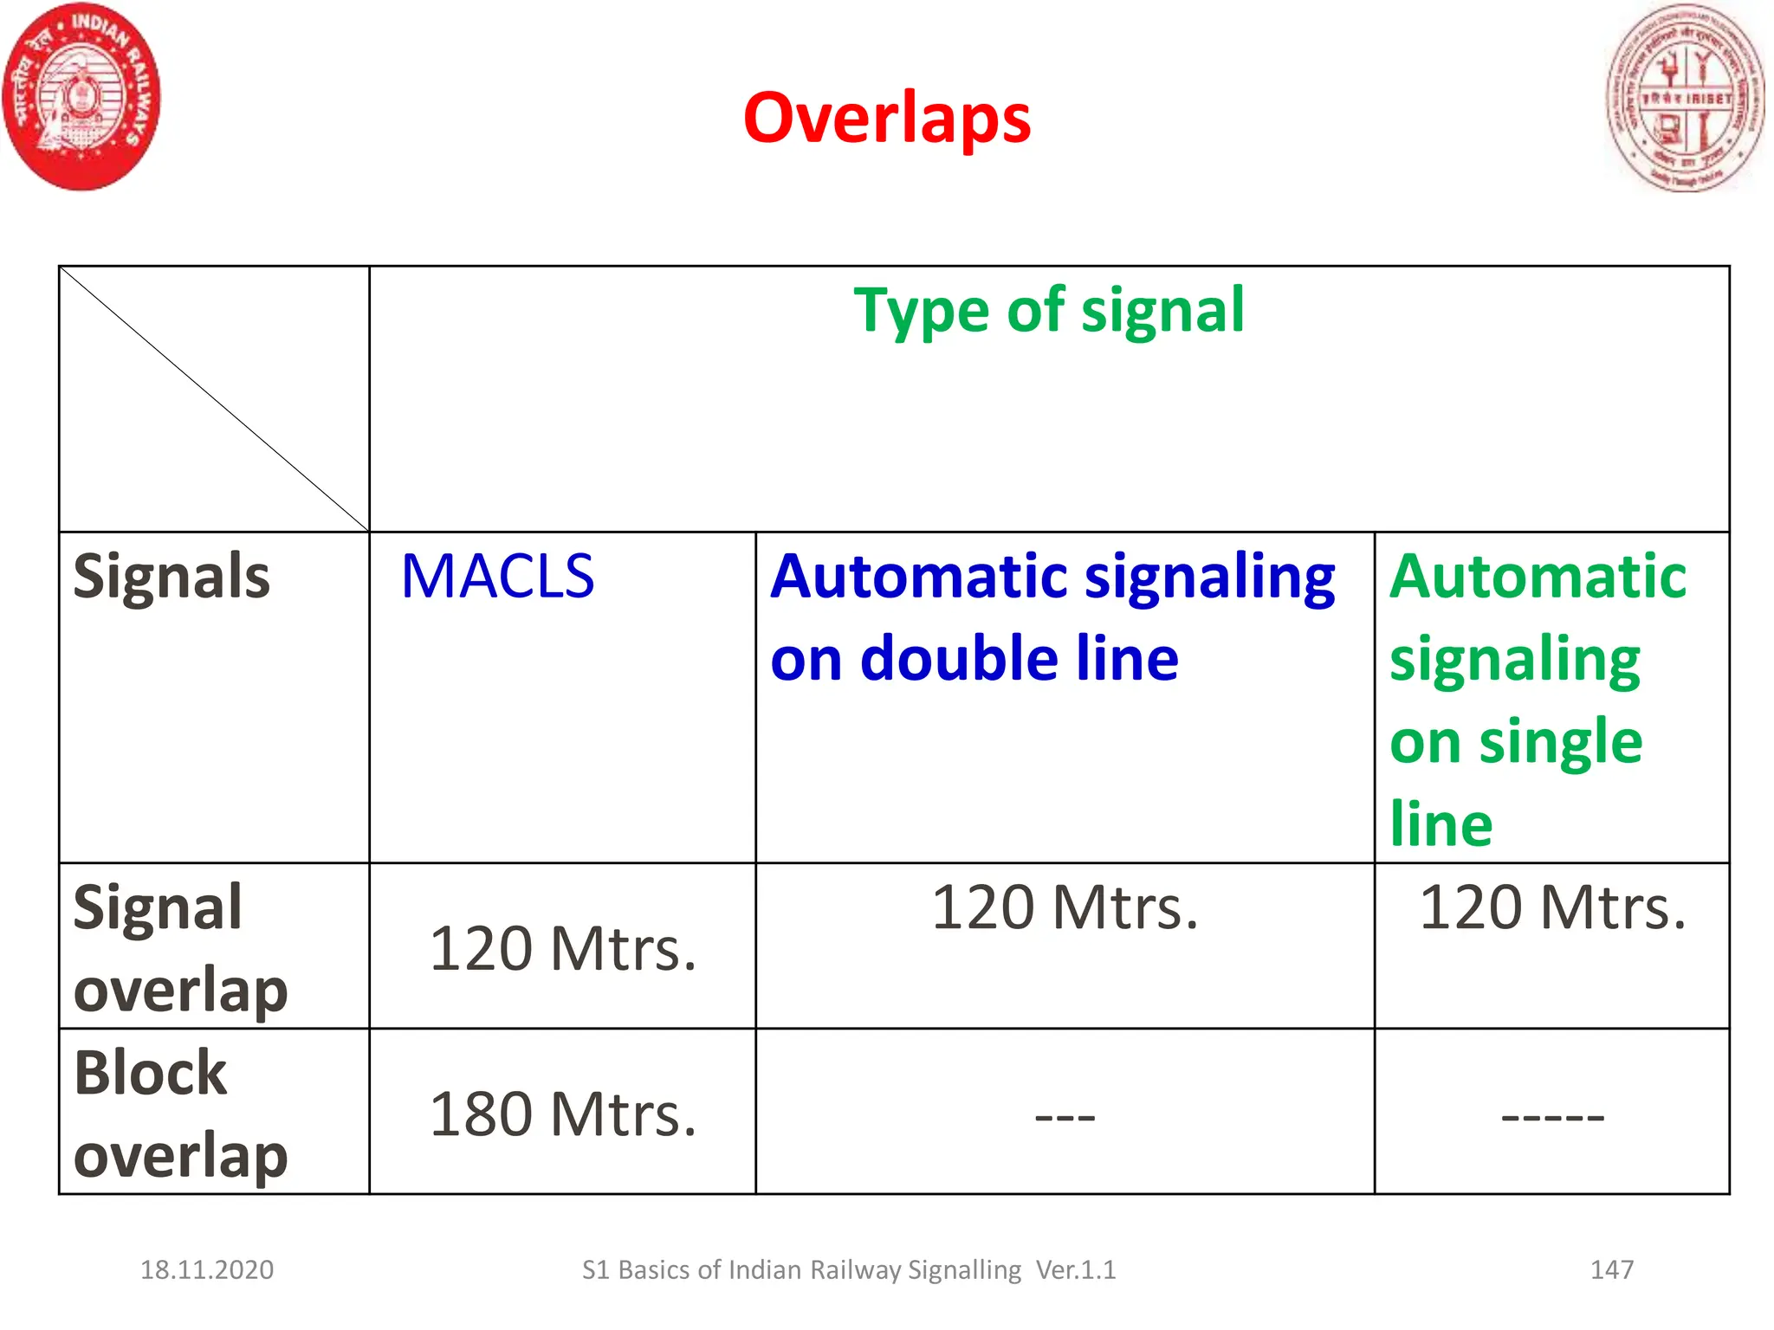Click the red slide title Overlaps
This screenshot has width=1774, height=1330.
point(886,119)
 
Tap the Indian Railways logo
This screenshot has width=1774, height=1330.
point(81,96)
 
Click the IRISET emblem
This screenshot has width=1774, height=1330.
point(1684,98)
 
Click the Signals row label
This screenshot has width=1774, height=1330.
point(172,577)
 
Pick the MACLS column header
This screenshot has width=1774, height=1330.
point(497,577)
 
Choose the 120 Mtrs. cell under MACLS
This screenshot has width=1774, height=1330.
point(562,949)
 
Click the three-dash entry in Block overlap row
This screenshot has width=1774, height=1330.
point(1065,1117)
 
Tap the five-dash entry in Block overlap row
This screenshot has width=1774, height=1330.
point(1552,1117)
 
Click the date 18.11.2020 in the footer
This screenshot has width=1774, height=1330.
point(207,1269)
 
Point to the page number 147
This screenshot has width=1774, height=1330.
point(1611,1269)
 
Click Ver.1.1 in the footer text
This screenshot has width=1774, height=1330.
point(1076,1269)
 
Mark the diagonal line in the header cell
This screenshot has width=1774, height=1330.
point(214,399)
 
